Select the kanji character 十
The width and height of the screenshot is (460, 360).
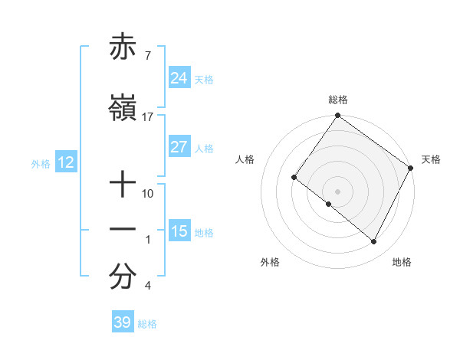pos(123,184)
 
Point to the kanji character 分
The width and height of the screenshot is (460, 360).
pos(123,278)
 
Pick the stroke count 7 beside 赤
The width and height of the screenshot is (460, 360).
pos(147,56)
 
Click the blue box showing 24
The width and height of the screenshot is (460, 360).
pos(179,78)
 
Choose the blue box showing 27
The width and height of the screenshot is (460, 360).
pos(179,147)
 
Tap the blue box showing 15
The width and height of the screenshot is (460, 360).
pos(179,231)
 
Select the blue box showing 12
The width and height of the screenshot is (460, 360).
pos(65,162)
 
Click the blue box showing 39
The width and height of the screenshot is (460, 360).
pos(122,322)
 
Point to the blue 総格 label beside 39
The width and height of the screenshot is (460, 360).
pos(147,324)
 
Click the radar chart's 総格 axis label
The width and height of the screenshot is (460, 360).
pos(337,100)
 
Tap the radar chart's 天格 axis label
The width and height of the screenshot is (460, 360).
pos(431,159)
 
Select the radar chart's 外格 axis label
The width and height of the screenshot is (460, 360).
pos(270,262)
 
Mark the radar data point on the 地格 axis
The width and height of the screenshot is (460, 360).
pos(374,242)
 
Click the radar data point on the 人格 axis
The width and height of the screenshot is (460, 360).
pos(294,178)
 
